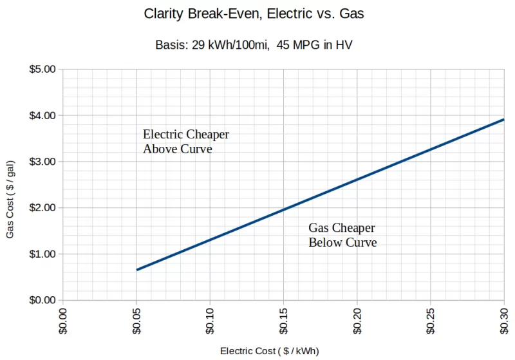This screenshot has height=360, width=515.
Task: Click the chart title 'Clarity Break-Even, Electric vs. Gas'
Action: pyautogui.click(x=254, y=14)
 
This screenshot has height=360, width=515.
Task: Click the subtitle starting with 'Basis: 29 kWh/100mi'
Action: pyautogui.click(x=254, y=45)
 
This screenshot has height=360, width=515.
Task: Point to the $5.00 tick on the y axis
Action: pyautogui.click(x=43, y=69)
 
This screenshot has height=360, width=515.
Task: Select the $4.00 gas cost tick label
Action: pyautogui.click(x=43, y=115)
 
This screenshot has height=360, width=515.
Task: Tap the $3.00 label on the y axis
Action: pyautogui.click(x=43, y=162)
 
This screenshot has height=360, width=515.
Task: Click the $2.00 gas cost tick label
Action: pyautogui.click(x=43, y=208)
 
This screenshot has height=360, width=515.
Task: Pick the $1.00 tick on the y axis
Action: pyautogui.click(x=43, y=254)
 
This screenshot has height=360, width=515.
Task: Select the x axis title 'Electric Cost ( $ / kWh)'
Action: pyautogui.click(x=270, y=351)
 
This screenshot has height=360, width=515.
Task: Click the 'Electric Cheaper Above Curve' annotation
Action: pyautogui.click(x=185, y=142)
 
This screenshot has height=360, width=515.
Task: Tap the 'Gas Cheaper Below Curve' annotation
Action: pyautogui.click(x=342, y=235)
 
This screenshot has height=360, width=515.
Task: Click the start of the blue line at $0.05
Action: pyautogui.click(x=137, y=270)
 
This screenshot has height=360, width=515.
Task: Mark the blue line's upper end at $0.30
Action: pyautogui.click(x=503, y=119)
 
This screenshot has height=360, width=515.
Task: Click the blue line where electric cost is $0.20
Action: pyautogui.click(x=357, y=179)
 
